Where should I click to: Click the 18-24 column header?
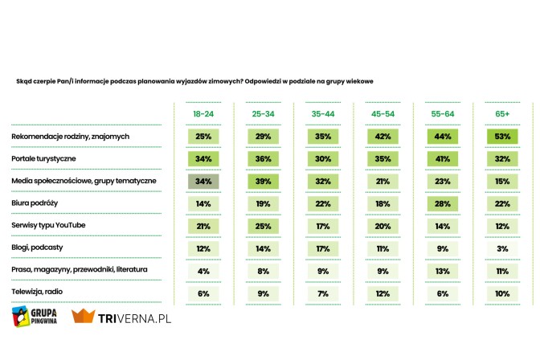pos(203,115)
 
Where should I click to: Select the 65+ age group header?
pos(502,115)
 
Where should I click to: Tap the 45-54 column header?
pos(383,115)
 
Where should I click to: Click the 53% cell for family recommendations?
pos(502,137)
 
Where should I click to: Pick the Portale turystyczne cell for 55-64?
pos(443,159)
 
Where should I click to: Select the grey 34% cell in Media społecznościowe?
pos(203,181)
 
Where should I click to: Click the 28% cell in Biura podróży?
pos(443,203)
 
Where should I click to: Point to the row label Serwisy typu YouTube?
pos(48,225)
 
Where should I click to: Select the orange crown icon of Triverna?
pos(84,317)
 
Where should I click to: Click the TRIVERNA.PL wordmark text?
pos(134,318)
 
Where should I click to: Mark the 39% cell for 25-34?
pos(264,181)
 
